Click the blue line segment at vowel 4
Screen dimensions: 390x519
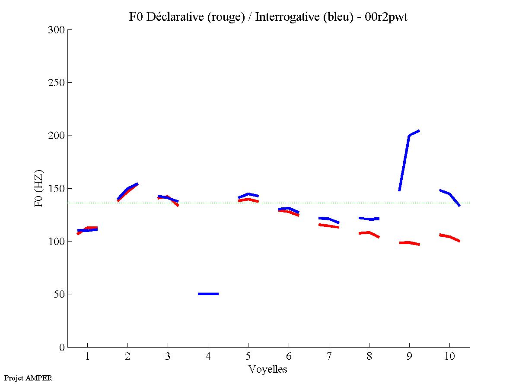(208, 294)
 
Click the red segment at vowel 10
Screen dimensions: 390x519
(449, 237)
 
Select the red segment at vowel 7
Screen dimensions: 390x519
(328, 225)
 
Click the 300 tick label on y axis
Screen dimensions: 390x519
(57, 30)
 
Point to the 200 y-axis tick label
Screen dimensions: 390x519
(57, 135)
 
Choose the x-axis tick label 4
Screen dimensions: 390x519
(208, 357)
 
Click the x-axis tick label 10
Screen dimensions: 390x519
(449, 357)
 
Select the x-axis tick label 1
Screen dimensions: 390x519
(87, 357)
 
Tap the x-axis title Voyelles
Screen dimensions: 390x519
(268, 369)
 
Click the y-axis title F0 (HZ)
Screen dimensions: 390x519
(38, 188)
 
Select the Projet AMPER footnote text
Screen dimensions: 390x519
(28, 378)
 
